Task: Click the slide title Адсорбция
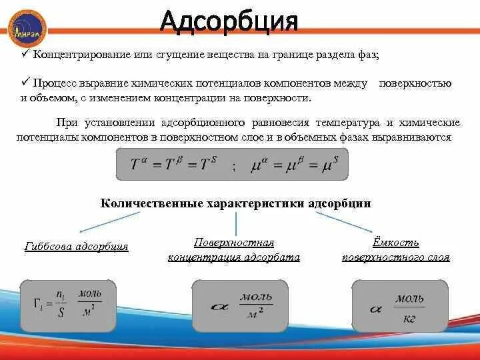pos(228,22)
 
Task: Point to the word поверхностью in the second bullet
pos(415,84)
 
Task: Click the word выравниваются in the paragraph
pos(419,137)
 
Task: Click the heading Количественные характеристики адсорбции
pos(235,203)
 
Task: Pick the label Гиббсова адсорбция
pos(76,247)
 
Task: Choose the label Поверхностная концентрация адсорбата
pos(234,250)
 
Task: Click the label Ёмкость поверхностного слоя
pos(396,250)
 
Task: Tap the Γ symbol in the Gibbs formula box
pos(38,303)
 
